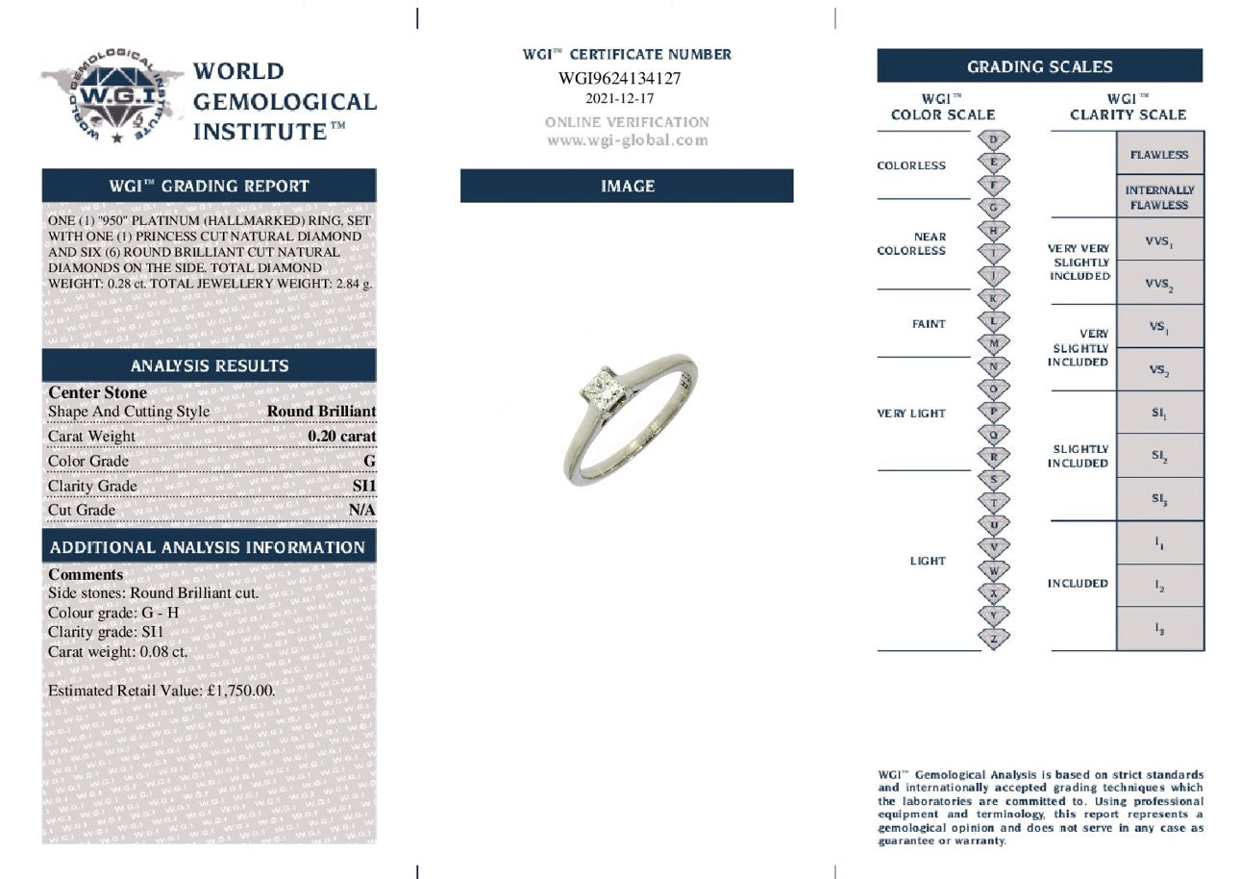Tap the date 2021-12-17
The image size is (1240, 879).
[619, 98]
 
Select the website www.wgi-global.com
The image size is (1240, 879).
[627, 140]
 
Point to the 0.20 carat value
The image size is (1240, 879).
[341, 436]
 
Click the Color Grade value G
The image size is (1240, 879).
[370, 461]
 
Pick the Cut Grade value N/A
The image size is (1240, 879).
[361, 510]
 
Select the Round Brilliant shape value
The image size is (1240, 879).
[321, 411]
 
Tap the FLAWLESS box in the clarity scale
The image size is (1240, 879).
[1159, 155]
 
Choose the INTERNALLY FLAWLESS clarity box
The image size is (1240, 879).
[1159, 197]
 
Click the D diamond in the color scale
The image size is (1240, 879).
[993, 138]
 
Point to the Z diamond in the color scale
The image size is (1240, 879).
[993, 638]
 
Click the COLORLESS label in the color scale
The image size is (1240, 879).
[911, 165]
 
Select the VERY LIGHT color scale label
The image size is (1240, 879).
[911, 414]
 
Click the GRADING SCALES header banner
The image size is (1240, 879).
[1039, 66]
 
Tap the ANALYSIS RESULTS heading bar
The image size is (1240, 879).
[209, 365]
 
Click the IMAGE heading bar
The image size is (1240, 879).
[627, 186]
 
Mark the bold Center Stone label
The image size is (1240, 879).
[98, 392]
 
